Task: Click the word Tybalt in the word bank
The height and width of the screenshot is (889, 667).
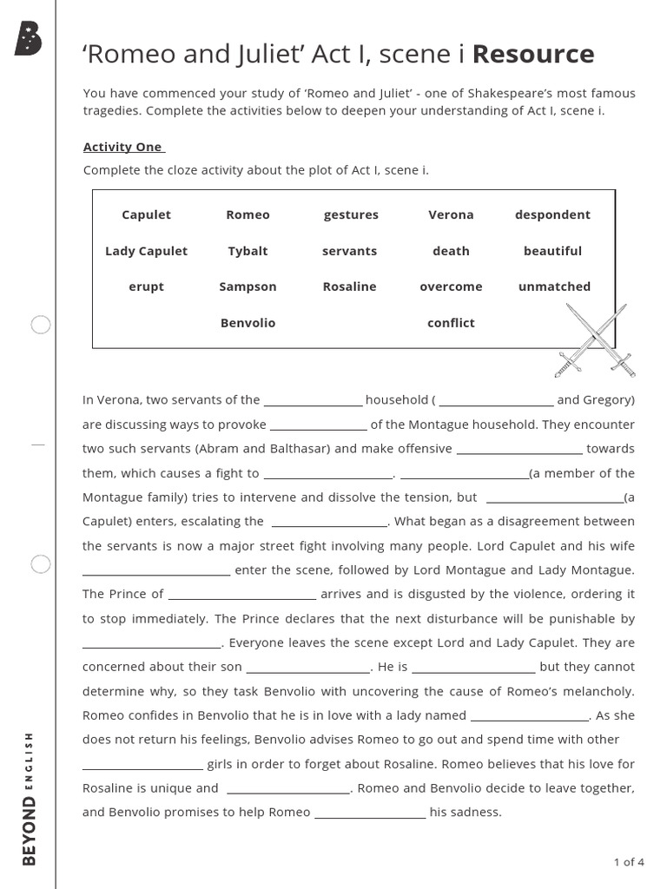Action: (248, 251)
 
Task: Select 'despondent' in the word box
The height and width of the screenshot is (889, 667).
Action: (552, 214)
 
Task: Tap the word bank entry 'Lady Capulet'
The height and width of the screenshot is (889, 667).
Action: (146, 251)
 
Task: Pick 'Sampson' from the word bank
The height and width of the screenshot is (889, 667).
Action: (248, 286)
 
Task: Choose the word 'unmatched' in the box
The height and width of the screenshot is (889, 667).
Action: (553, 286)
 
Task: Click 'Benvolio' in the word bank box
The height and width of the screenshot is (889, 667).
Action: (248, 323)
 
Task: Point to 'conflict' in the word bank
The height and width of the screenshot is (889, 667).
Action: (451, 323)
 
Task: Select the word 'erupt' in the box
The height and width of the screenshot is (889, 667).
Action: (146, 286)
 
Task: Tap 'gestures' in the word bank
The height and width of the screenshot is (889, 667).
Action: (351, 214)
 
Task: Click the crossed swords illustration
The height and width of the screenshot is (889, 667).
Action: (595, 340)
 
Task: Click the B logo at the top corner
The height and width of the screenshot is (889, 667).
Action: (28, 39)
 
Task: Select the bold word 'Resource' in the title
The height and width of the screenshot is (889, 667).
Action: (533, 54)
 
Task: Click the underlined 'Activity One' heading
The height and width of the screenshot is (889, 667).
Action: (122, 147)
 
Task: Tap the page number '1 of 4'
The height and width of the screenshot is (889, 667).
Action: (628, 862)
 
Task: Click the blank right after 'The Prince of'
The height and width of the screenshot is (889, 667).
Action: (241, 596)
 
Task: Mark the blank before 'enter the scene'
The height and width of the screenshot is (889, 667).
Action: (156, 571)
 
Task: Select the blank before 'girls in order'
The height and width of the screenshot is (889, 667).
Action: (142, 766)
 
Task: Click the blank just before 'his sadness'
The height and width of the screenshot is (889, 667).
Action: (370, 814)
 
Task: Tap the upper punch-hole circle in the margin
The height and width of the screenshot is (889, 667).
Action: (41, 326)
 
